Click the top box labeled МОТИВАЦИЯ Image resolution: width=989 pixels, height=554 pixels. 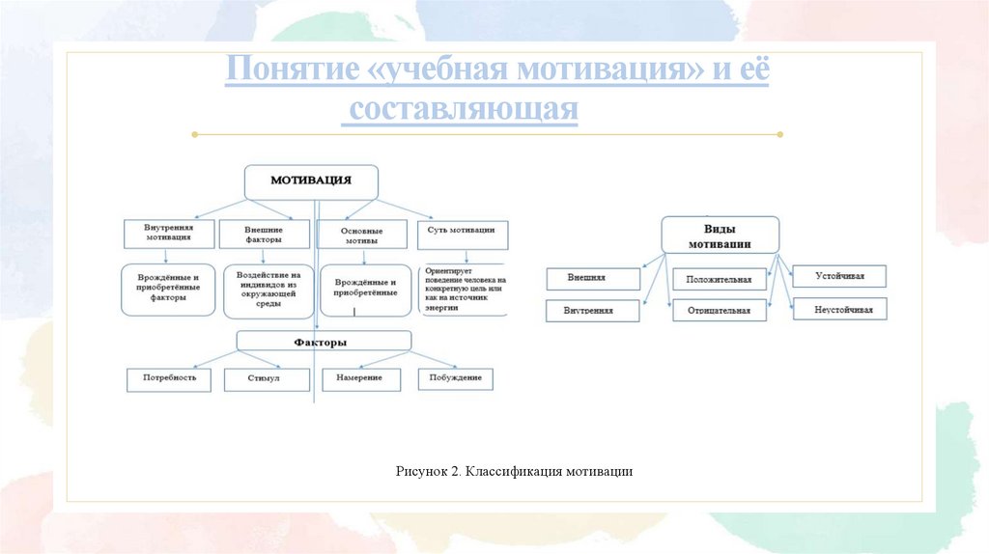tap(310, 181)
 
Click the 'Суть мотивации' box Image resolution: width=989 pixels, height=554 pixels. tap(462, 231)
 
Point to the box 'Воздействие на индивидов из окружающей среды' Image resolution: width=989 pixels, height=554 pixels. tap(268, 290)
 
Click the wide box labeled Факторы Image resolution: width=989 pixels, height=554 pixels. tap(324, 342)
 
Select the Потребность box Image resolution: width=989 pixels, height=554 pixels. tap(168, 378)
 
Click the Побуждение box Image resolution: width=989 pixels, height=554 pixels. tap(455, 377)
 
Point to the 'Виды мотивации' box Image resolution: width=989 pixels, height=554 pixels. tap(720, 236)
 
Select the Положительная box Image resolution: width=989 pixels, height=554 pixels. tap(720, 280)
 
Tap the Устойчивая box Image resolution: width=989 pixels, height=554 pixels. tap(839, 277)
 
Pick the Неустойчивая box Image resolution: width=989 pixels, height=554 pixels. tap(839, 310)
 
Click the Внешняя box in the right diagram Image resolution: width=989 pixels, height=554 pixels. tap(593, 278)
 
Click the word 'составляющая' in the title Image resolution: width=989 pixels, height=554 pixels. tap(463, 110)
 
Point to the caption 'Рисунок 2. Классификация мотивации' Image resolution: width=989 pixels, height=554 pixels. tap(514, 471)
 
